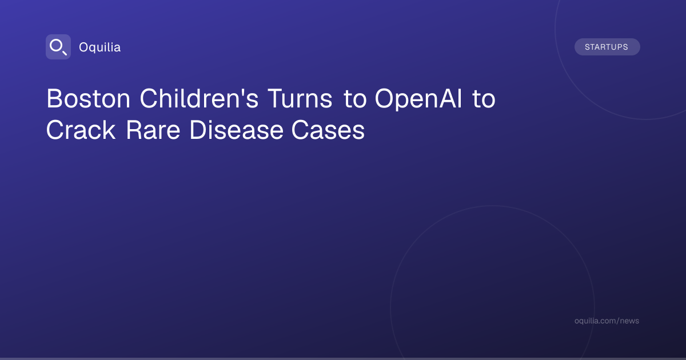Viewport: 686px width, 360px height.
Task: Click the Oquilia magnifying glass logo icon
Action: (x=58, y=47)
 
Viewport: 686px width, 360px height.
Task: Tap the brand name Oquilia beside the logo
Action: (x=100, y=47)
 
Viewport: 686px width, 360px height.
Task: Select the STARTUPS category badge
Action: (x=607, y=47)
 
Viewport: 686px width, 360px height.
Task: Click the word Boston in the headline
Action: (x=89, y=98)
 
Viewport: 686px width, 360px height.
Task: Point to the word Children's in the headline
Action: (x=199, y=98)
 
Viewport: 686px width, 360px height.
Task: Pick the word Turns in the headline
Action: (x=300, y=98)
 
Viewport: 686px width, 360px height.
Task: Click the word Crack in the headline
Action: (x=81, y=130)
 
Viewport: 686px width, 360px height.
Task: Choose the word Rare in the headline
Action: (x=153, y=130)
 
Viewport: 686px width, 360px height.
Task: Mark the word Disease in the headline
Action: (x=236, y=130)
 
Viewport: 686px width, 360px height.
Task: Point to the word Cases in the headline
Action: (x=328, y=130)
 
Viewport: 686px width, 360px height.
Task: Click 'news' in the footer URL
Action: (x=629, y=321)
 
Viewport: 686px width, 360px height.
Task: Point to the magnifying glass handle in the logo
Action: (x=64, y=53)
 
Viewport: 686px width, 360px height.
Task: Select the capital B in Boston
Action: (x=54, y=98)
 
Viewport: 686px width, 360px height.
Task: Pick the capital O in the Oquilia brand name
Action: (x=84, y=47)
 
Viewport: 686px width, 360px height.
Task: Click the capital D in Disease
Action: (x=198, y=130)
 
